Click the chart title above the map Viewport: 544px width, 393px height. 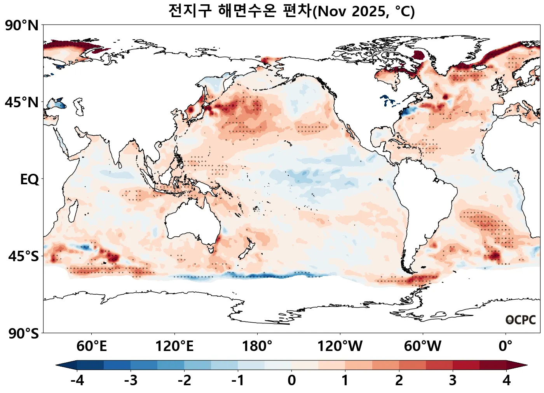(291, 11)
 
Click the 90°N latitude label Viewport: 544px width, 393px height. (22, 26)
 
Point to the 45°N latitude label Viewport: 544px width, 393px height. (22, 103)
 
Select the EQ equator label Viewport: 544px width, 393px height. (30, 180)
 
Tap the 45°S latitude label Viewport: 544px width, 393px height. (23, 257)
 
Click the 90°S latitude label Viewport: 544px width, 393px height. (23, 334)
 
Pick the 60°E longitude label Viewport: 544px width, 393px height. (91, 346)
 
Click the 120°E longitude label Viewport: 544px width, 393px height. (174, 346)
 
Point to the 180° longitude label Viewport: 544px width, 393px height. (257, 346)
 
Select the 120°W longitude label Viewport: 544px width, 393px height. (340, 346)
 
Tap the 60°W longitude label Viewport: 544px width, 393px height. (422, 346)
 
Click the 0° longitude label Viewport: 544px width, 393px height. (505, 346)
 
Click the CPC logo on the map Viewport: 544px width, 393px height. (520, 320)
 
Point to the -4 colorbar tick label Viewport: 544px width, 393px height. (77, 380)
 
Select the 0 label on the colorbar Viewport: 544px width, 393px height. (291, 380)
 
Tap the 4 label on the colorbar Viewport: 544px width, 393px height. (506, 380)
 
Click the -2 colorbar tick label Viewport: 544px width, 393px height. (184, 380)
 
